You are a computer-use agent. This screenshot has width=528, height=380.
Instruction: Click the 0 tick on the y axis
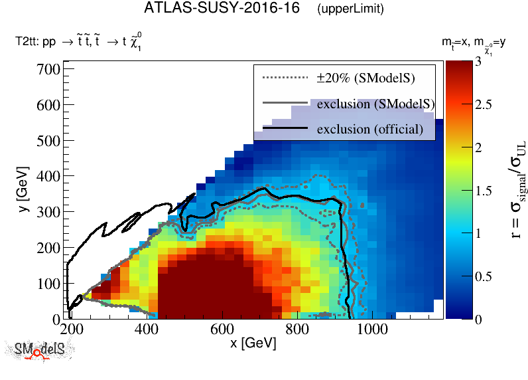57,319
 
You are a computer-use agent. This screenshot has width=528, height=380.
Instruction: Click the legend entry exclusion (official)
369,128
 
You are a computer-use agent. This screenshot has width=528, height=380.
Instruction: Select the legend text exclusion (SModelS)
375,104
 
